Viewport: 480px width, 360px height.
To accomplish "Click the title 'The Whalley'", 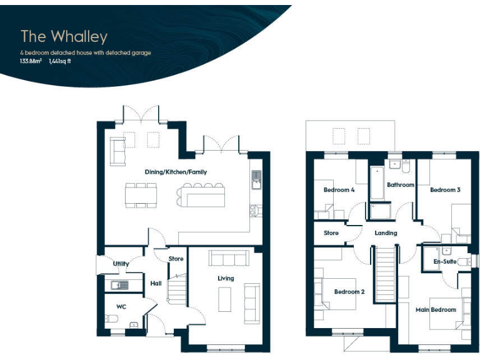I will coord(64,36).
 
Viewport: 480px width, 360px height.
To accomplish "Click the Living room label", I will coord(226,278).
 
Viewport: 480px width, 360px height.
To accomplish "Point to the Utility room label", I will coord(121,264).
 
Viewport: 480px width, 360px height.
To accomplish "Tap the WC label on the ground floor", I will coord(121,306).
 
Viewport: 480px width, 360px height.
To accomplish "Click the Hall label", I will coord(156,284).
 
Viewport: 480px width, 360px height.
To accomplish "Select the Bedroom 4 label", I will coord(339,189).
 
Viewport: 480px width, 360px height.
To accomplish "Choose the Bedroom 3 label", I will coord(445,189).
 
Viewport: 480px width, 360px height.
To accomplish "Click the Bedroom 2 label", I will coord(349,292).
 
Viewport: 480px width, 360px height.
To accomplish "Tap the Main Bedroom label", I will coord(436,309).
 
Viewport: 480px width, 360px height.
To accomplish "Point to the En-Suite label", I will coord(444,261).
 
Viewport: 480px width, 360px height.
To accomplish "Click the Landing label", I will coord(386,233).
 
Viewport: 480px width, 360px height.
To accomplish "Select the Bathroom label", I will coord(400,185).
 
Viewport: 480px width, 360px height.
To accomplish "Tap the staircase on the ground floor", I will coord(177,289).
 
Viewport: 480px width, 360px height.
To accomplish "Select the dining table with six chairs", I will coord(141,194).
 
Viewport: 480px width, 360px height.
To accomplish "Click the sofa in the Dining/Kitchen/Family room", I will coord(117,147).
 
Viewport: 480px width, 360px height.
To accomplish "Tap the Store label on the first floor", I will coord(331,233).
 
